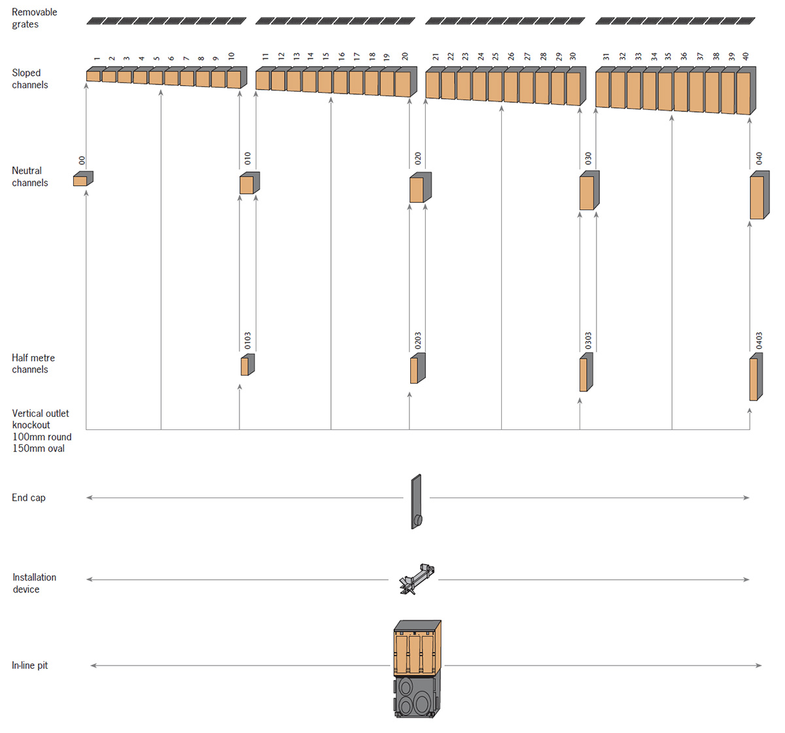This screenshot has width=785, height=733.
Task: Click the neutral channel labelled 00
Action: [82, 179]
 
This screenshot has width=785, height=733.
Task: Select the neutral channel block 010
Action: [249, 183]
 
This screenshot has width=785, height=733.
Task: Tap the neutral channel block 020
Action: [419, 188]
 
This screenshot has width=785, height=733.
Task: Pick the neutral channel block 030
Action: [589, 191]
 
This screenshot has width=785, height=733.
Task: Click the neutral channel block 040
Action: [759, 196]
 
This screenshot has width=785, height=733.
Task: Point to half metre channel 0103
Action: [247, 365]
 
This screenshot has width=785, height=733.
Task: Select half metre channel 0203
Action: [417, 368]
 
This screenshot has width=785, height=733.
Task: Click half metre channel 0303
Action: [585, 372]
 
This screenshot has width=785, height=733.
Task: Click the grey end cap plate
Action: [416, 501]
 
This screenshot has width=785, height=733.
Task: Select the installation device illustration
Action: [416, 579]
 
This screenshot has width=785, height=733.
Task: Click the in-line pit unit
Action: [417, 668]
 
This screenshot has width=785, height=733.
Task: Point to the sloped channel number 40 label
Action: [746, 57]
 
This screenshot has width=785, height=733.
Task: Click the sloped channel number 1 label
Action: [97, 59]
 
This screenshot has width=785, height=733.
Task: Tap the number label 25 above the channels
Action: [495, 57]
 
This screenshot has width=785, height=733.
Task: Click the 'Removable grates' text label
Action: [34, 18]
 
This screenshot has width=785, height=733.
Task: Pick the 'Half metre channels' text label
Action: [33, 364]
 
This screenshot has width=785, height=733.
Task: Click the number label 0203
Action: [417, 340]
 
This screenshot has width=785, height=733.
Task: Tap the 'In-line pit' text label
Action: [29, 666]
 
